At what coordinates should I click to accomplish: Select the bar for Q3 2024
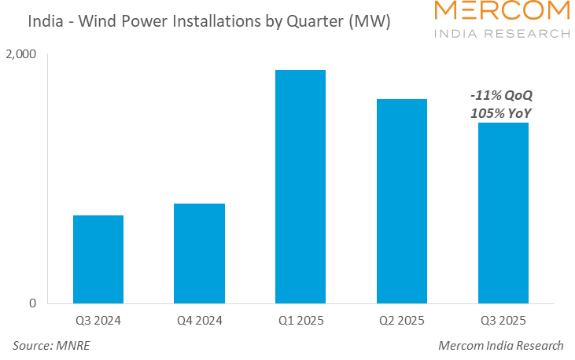pyautogui.click(x=98, y=259)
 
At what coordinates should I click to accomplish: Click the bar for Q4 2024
pyautogui.click(x=200, y=253)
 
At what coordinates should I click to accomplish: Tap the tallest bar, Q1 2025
pyautogui.click(x=300, y=186)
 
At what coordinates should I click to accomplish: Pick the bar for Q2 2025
pyautogui.click(x=402, y=200)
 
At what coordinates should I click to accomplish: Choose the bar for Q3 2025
pyautogui.click(x=503, y=212)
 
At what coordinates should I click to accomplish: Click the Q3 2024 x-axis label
pyautogui.click(x=98, y=321)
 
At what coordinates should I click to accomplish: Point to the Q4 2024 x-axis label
pyautogui.click(x=200, y=321)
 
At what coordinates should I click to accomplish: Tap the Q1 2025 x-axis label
pyautogui.click(x=300, y=321)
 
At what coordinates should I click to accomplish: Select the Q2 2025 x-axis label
pyautogui.click(x=402, y=321)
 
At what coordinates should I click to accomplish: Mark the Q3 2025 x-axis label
pyautogui.click(x=503, y=321)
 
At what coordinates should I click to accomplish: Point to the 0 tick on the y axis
pyautogui.click(x=32, y=303)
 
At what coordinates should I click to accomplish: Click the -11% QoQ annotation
pyautogui.click(x=501, y=95)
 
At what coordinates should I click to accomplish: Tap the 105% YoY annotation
pyautogui.click(x=501, y=112)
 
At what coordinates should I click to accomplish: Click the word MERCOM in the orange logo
pyautogui.click(x=503, y=12)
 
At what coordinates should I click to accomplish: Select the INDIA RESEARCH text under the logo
pyautogui.click(x=503, y=34)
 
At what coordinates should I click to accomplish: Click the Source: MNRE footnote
pyautogui.click(x=46, y=346)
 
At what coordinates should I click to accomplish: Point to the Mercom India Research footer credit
pyautogui.click(x=501, y=346)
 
